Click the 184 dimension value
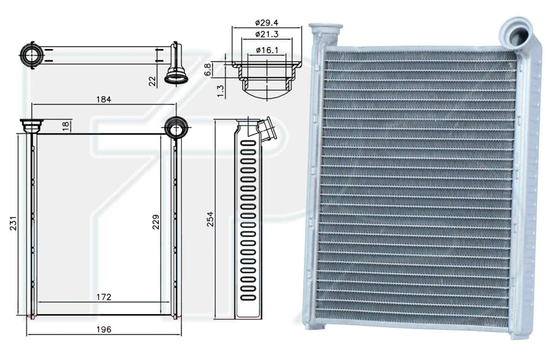point(104,100)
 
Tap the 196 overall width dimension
point(104,330)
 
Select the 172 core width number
point(104,297)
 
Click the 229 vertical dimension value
point(156,222)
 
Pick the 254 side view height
point(210,219)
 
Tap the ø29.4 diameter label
point(267,23)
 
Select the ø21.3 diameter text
point(267,34)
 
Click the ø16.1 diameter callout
point(267,50)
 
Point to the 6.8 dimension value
point(208,70)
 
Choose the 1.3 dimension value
point(220,91)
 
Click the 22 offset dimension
point(152,81)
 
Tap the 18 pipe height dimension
point(66,126)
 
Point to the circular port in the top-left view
point(32,55)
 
